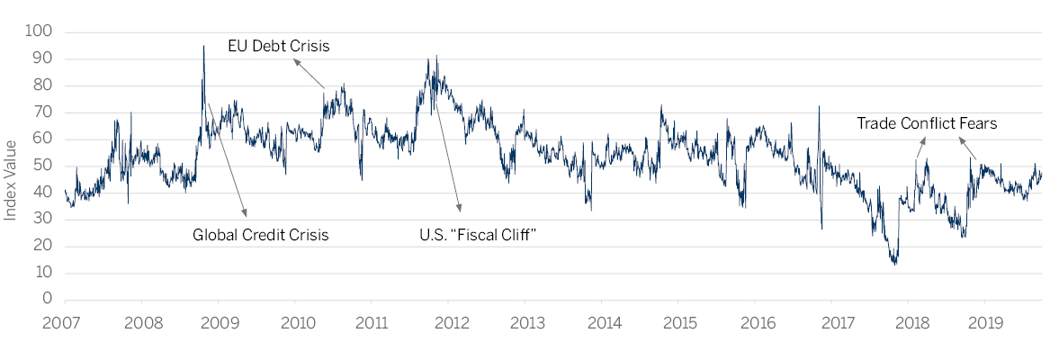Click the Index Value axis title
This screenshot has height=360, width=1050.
[11, 179]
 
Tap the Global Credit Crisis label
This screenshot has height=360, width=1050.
[261, 236]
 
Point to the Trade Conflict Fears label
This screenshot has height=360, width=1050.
[927, 124]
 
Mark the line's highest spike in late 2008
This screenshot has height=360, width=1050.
[203, 46]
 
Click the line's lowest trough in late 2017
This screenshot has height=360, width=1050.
[894, 263]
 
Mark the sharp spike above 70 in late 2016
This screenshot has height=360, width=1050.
[819, 107]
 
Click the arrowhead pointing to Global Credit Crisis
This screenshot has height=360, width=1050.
[245, 214]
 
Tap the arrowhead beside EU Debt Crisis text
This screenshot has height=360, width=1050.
[296, 62]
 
